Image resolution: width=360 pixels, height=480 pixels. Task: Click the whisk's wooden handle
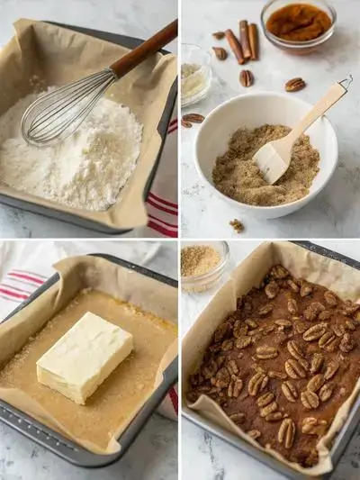click(144, 50)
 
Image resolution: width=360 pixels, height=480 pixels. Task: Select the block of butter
click(85, 356)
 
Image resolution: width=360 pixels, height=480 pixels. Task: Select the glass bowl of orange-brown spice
click(298, 23)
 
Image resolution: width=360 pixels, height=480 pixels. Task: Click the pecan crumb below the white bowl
click(236, 225)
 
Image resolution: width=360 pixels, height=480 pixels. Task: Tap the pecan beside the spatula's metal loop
click(295, 85)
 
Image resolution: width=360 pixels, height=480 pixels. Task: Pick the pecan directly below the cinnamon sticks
click(246, 77)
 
